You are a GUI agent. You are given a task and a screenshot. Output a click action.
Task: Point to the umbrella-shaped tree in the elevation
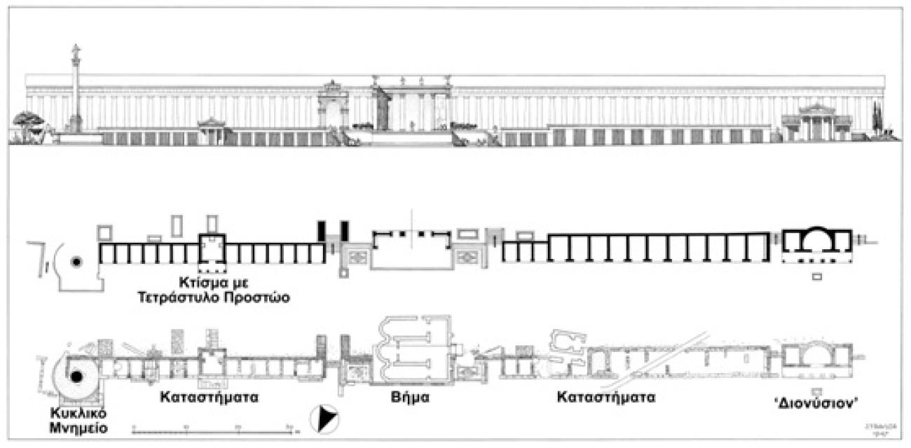point(29,120)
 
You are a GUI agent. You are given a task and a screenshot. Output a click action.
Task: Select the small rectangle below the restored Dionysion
point(816,277)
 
